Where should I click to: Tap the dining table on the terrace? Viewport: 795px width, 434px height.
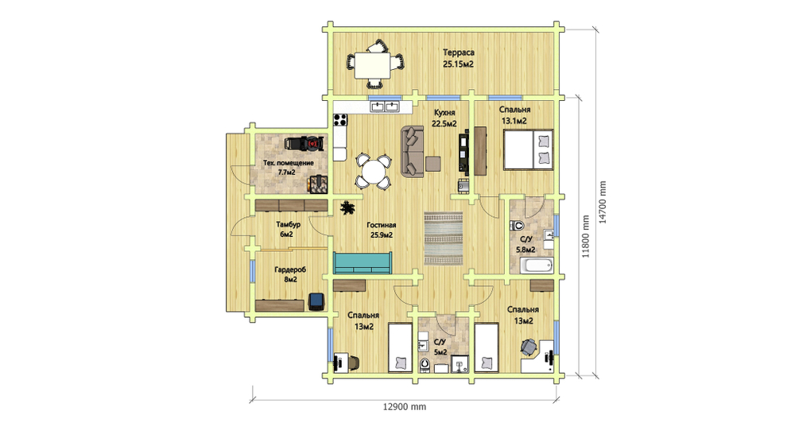373,65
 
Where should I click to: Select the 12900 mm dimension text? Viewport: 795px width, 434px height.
404,407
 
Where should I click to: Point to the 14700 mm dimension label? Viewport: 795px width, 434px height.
603,203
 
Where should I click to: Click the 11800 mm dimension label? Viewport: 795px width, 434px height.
586,237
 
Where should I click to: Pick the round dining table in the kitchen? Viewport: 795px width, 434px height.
373,172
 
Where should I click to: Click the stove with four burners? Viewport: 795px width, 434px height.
340,120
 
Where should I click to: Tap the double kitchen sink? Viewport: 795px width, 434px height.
385,107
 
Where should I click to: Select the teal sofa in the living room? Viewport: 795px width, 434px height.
363,263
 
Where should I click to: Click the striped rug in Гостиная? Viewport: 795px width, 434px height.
444,238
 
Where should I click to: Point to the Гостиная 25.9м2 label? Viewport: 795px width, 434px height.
382,231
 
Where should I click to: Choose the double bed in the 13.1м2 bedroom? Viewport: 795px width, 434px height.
528,149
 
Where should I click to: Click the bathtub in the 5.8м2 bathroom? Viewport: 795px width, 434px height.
536,265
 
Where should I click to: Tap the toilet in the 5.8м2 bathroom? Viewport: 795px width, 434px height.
518,225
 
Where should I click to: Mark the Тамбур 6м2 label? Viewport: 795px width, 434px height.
288,229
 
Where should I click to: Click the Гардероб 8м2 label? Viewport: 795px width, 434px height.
290,274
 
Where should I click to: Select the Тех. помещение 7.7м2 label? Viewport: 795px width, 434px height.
288,168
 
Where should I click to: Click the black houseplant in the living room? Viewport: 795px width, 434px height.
347,207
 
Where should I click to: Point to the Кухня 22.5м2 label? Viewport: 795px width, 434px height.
444,118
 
